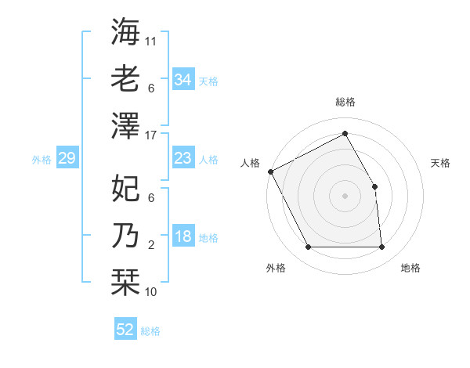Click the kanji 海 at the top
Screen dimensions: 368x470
(x=125, y=32)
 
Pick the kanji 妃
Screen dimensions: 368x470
(x=125, y=188)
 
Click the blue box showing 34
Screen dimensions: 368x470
(x=183, y=80)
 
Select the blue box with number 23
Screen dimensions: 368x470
(x=183, y=159)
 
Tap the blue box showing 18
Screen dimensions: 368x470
(x=183, y=237)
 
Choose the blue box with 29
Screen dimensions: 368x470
(x=67, y=159)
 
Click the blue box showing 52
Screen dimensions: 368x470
(x=125, y=330)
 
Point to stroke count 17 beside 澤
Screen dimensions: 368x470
(x=151, y=135)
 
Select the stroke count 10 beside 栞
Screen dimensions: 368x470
(x=151, y=291)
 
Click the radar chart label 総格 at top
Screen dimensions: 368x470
(x=345, y=102)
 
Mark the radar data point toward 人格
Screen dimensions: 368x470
(x=270, y=171)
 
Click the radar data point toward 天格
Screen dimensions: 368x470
(x=374, y=186)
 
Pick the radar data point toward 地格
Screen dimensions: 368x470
(x=382, y=247)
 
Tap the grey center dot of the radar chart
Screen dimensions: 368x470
(x=345, y=196)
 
